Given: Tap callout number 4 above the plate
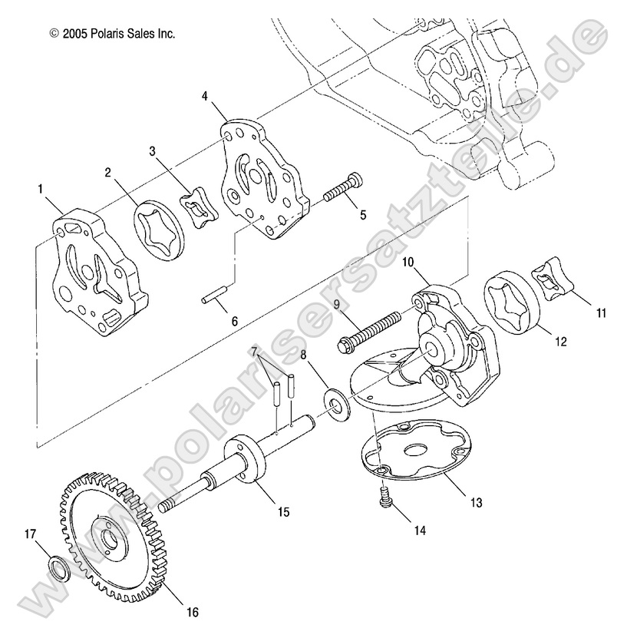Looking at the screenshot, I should (x=205, y=96).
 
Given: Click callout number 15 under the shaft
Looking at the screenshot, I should (x=283, y=511).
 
